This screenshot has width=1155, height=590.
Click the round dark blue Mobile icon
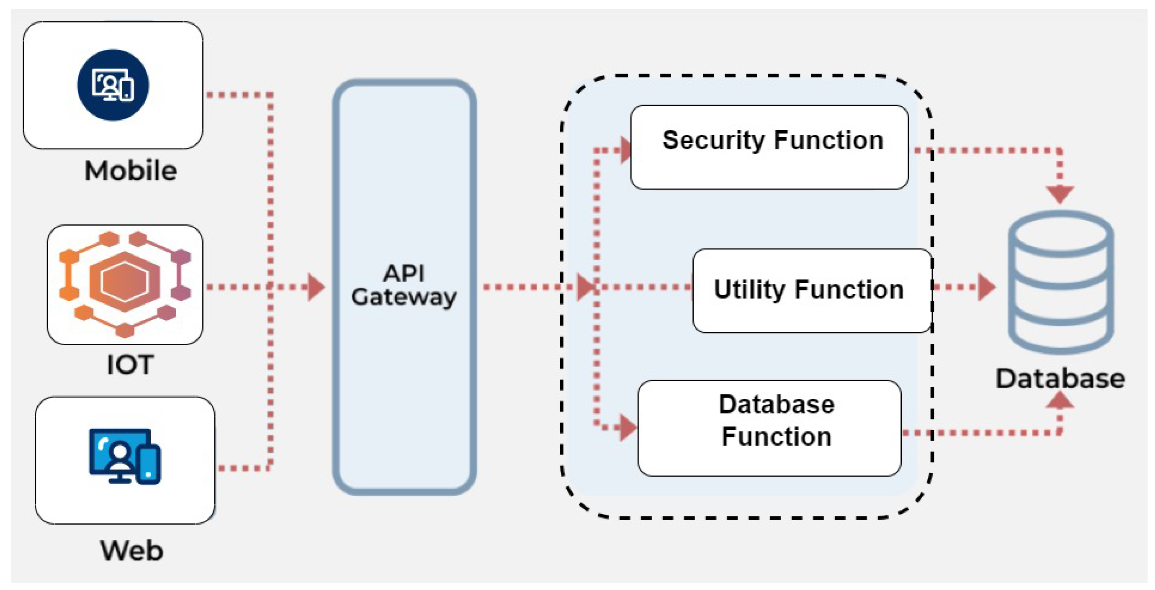[x=113, y=85]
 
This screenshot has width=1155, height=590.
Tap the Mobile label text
[x=131, y=171]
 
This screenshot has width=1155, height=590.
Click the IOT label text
[x=130, y=364]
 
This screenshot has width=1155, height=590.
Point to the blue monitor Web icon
[x=125, y=456]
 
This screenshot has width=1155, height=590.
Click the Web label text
[x=131, y=551]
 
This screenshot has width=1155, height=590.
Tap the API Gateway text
[x=404, y=285]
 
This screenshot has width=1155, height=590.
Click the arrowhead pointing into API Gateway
[x=316, y=287]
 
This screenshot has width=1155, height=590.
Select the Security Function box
[x=769, y=147]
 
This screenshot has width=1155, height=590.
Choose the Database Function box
[x=769, y=428]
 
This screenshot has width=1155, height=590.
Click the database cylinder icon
[x=1061, y=282]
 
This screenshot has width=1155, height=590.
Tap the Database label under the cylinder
[x=1060, y=379]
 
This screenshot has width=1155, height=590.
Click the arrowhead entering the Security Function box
[x=626, y=150]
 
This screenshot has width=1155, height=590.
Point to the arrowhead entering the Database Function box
[x=628, y=427]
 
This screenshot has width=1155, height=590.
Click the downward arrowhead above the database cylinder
[x=1060, y=195]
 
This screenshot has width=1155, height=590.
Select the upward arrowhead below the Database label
[x=1060, y=400]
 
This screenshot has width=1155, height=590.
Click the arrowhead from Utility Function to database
[x=987, y=287]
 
